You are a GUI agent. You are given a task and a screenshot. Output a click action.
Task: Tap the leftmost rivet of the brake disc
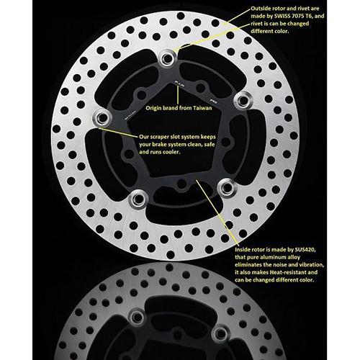(x=101, y=117)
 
